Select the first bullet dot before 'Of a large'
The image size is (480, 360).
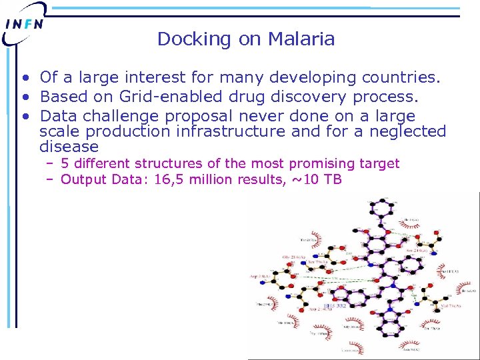(x=23, y=79)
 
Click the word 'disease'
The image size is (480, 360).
(x=69, y=147)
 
